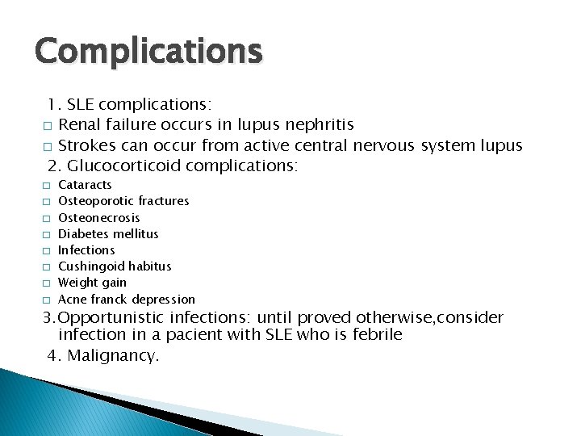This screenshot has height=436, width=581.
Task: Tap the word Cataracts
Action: click(x=86, y=185)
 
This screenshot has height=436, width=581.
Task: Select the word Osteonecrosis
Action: click(x=99, y=217)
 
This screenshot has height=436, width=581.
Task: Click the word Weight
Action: click(x=77, y=283)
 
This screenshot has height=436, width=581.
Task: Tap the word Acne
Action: click(x=72, y=299)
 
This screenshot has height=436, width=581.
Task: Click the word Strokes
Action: click(x=86, y=146)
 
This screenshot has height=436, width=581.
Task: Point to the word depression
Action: click(x=164, y=299)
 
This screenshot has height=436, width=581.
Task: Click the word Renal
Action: click(x=78, y=125)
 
